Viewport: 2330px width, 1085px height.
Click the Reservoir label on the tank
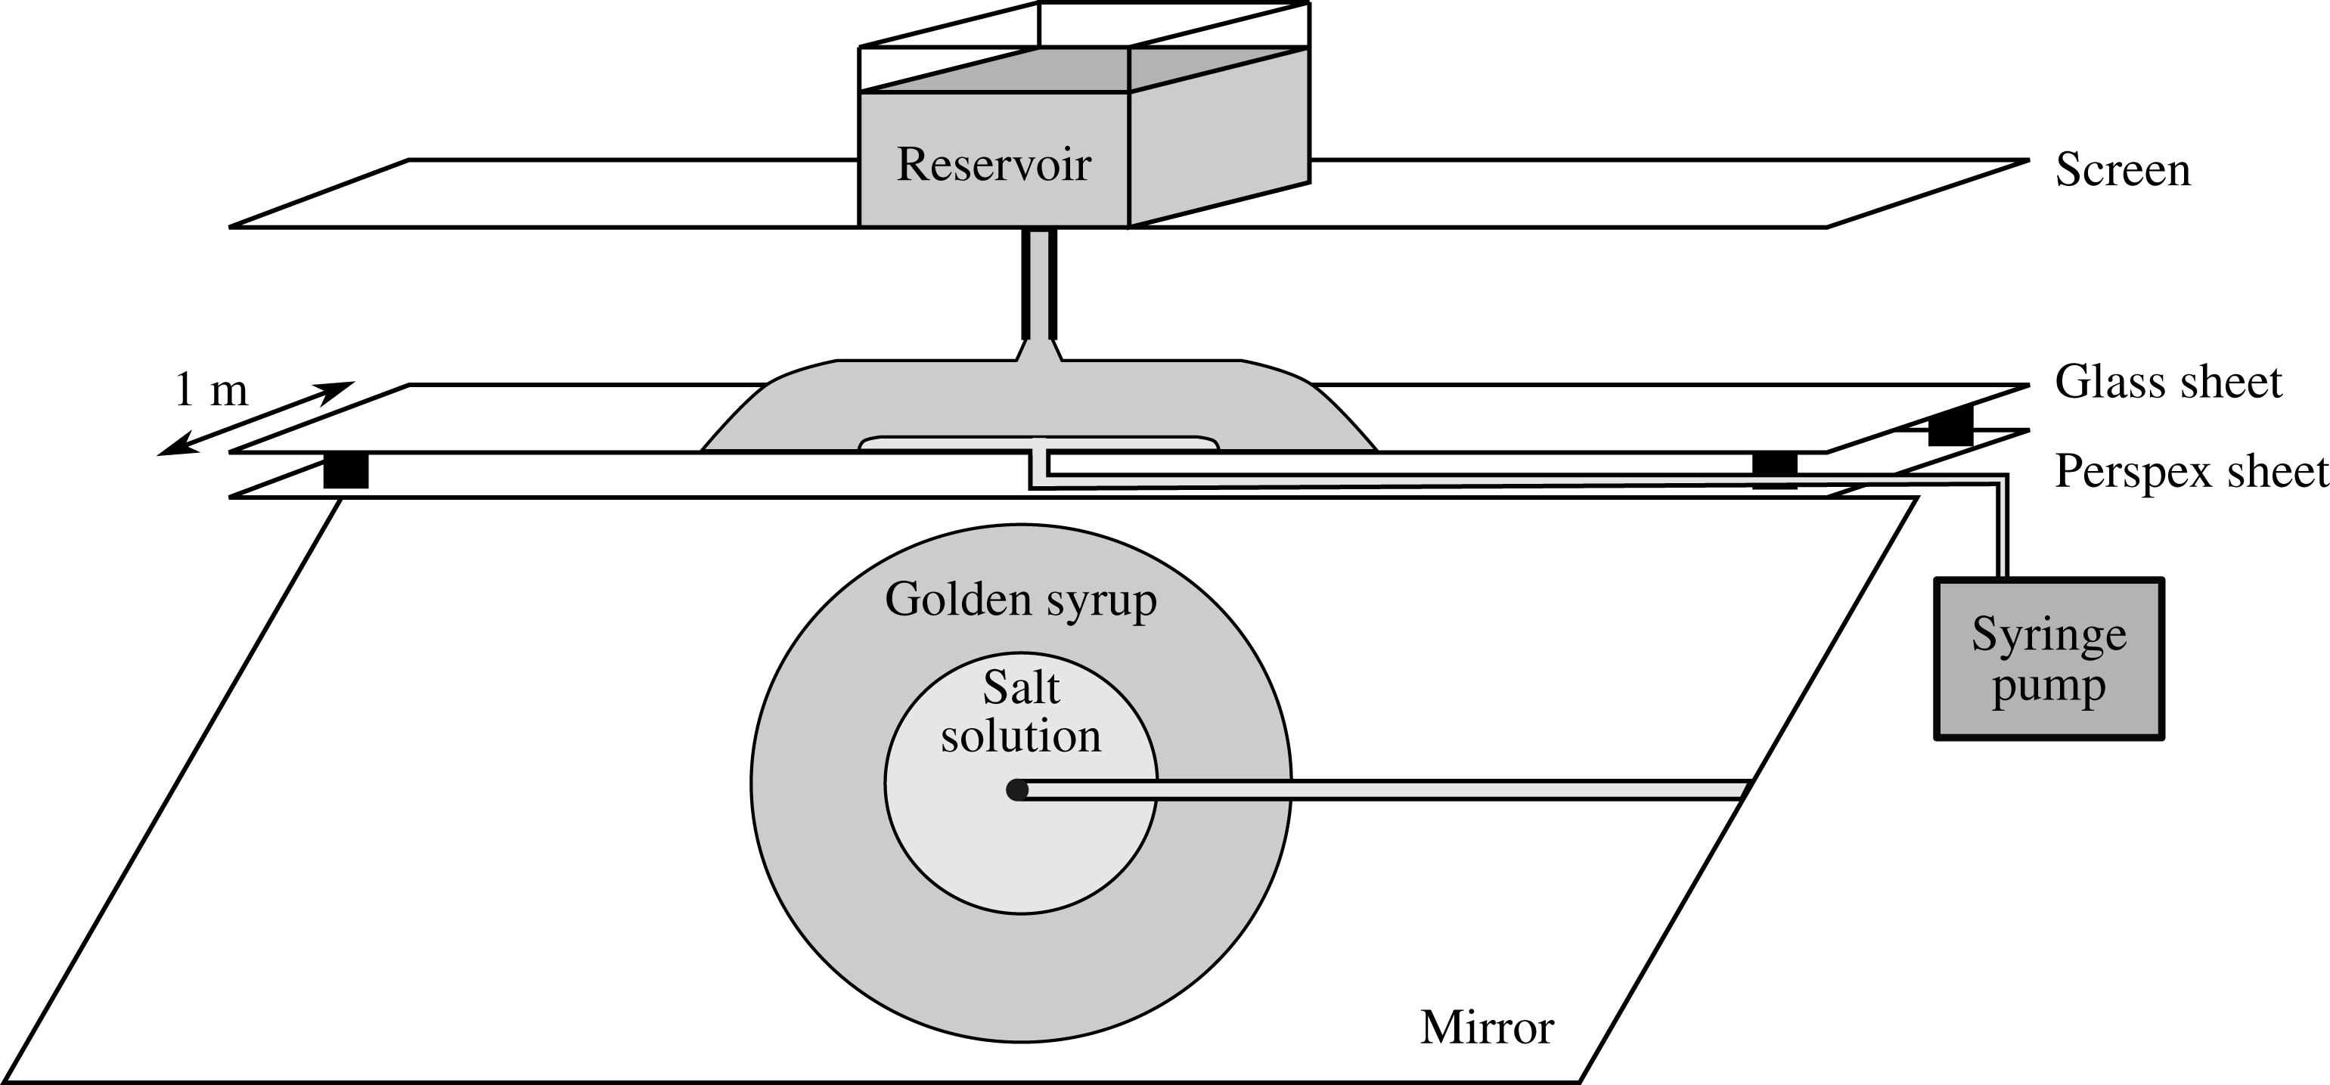pyautogui.click(x=993, y=166)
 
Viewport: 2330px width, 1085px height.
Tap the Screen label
pyautogui.click(x=2123, y=170)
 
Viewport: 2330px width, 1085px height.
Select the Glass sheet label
pyautogui.click(x=2168, y=383)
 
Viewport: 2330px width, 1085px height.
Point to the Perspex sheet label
pyautogui.click(x=2192, y=472)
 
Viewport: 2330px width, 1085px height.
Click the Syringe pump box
pyautogui.click(x=2049, y=659)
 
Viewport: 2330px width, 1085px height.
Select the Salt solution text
pyautogui.click(x=1021, y=712)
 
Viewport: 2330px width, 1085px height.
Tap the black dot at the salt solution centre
pyautogui.click(x=1018, y=790)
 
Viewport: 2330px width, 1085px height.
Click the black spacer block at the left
pyautogui.click(x=346, y=470)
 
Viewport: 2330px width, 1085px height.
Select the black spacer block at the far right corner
pyautogui.click(x=1950, y=426)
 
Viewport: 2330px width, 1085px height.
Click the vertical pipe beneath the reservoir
pyautogui.click(x=1039, y=284)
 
